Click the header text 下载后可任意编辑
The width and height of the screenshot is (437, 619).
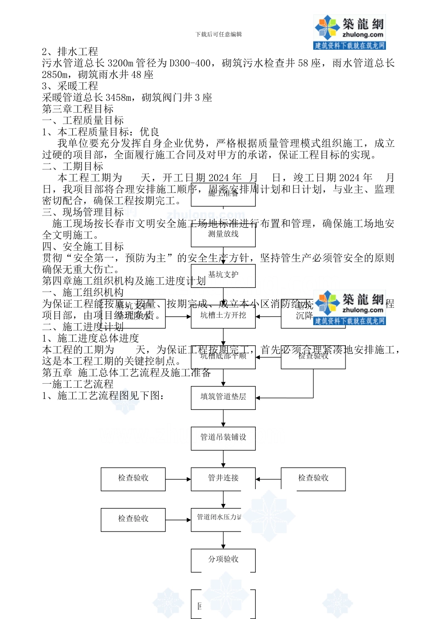[218, 35]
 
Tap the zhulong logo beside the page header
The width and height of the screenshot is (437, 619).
[350, 32]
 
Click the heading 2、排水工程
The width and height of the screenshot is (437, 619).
[70, 52]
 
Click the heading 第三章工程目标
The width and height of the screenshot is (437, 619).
[78, 109]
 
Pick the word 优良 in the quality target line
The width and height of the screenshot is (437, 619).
[149, 132]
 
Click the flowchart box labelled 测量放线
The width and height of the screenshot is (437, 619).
[223, 234]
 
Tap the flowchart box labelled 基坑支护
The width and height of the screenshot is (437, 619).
[223, 275]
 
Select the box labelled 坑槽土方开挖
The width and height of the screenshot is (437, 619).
[223, 315]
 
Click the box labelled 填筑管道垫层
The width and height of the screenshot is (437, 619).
[223, 397]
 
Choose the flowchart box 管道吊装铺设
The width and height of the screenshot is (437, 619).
[223, 438]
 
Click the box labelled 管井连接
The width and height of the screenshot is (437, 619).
[223, 479]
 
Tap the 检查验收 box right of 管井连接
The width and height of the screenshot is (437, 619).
[313, 479]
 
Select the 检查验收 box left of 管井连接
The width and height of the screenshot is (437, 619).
[133, 479]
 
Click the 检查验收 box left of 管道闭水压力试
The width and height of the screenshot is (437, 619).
[133, 519]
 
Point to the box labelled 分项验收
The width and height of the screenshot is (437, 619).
[223, 560]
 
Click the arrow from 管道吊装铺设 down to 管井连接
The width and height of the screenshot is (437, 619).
[224, 459]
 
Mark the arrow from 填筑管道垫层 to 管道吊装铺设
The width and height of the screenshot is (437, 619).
[224, 418]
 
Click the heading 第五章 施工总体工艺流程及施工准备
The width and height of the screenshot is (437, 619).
[126, 373]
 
